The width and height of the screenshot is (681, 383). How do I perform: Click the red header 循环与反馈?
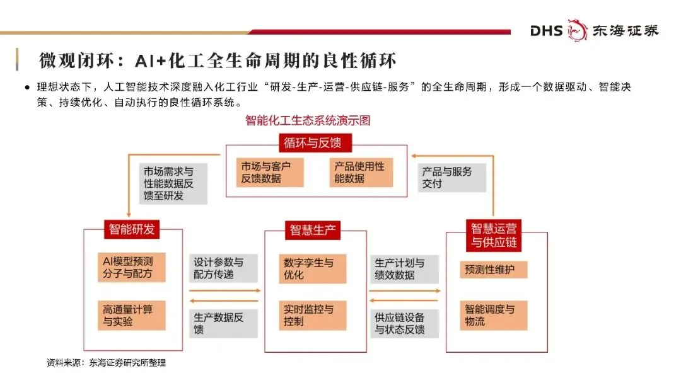pos(313,143)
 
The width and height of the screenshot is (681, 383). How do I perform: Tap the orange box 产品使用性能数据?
pos(361,172)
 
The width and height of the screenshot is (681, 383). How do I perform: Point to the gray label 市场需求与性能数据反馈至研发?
pos(173,183)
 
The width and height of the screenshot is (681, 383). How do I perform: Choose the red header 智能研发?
pos(131,229)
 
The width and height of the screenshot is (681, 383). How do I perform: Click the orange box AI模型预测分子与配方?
pos(132,267)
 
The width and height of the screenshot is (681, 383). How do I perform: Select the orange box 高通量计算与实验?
pos(132,315)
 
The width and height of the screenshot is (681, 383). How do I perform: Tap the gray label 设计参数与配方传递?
pos(223,268)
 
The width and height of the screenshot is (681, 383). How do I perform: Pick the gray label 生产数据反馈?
pos(223,323)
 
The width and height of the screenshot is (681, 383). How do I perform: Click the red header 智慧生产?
pos(315,230)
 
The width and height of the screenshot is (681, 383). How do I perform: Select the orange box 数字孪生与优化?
pos(313,268)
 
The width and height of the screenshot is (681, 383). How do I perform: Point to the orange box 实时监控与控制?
pos(313,315)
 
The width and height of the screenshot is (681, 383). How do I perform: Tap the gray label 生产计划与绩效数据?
pos(404,268)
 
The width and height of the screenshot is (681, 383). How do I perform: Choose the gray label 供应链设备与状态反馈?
pos(404,323)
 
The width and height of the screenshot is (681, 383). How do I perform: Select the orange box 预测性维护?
pos(493,270)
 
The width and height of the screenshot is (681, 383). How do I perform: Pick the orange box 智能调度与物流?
pos(493,315)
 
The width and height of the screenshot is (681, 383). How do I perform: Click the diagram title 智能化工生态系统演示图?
pos(308,120)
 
